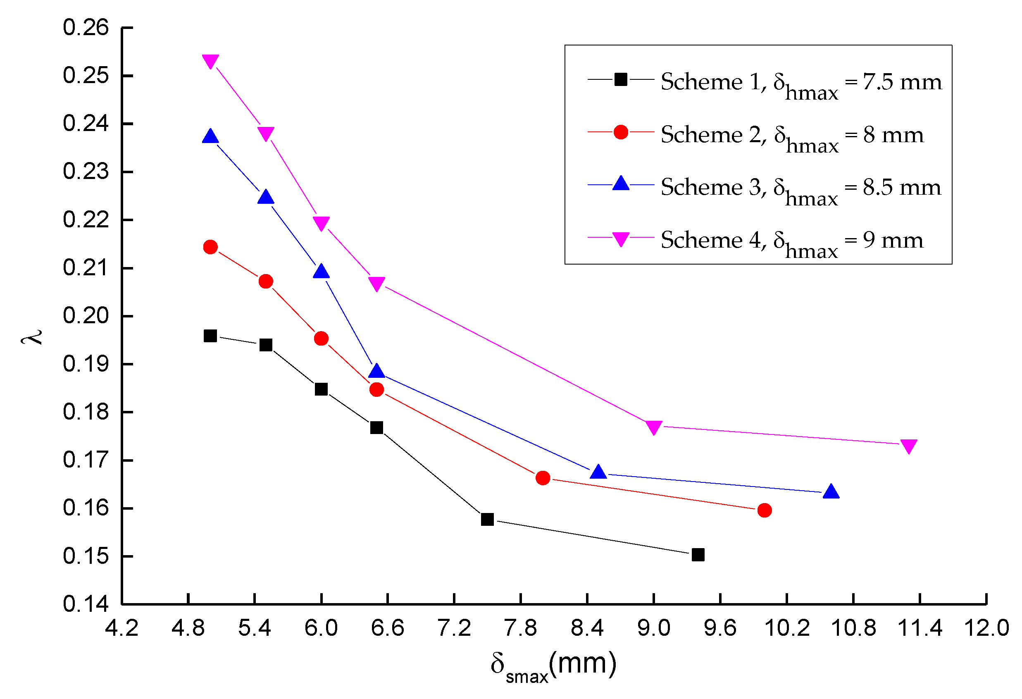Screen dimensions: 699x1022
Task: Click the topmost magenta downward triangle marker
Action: click(210, 61)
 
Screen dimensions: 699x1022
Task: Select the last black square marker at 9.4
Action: click(698, 554)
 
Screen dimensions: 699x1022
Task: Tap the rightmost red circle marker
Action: click(764, 510)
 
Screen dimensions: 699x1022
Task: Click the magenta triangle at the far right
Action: click(908, 446)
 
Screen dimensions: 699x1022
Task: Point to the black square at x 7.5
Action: click(487, 519)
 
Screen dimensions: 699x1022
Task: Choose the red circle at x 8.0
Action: click(543, 478)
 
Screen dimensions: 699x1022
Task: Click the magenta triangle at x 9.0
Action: click(653, 427)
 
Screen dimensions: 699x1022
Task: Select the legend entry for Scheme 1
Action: click(800, 82)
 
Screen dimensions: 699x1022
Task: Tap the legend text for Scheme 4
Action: click(791, 241)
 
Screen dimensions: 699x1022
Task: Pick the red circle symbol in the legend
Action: click(620, 132)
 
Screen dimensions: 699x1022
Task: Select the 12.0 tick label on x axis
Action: click(986, 628)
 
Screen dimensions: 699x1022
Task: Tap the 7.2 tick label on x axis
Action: click(454, 628)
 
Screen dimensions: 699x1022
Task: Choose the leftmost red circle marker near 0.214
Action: click(210, 247)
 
